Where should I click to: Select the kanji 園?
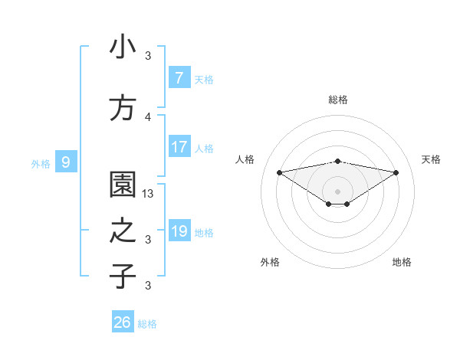[123, 184]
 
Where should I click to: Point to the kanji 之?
[123, 231]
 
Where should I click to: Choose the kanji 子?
[123, 276]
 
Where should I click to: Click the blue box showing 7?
[179, 78]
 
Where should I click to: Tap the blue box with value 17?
[179, 147]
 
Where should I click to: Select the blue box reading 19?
[179, 231]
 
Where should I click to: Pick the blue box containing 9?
[66, 162]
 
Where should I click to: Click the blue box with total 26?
[123, 322]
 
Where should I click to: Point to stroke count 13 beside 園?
[149, 194]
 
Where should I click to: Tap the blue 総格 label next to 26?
[147, 324]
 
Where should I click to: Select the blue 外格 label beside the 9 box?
[41, 163]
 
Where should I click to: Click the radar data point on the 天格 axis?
[396, 172]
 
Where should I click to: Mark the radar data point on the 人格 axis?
[279, 172]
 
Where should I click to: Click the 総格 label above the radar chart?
[338, 100]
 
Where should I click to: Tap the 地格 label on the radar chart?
[402, 262]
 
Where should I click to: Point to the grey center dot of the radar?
[338, 191]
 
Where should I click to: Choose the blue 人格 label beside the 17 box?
[204, 149]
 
